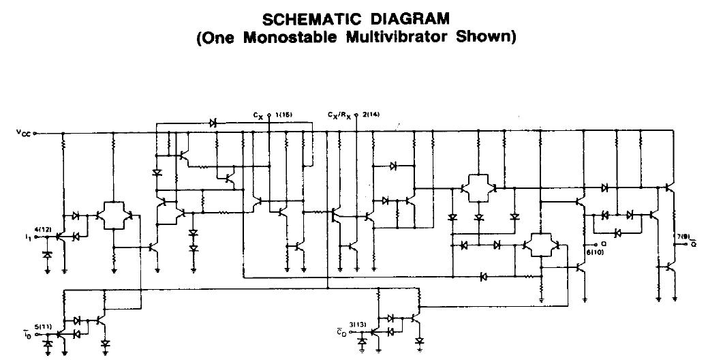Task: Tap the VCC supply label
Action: [22, 133]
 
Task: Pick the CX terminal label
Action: [258, 117]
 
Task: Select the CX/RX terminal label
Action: [339, 117]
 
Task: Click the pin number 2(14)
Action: [371, 115]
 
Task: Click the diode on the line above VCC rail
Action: [213, 123]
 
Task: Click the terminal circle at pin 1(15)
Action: [270, 116]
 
